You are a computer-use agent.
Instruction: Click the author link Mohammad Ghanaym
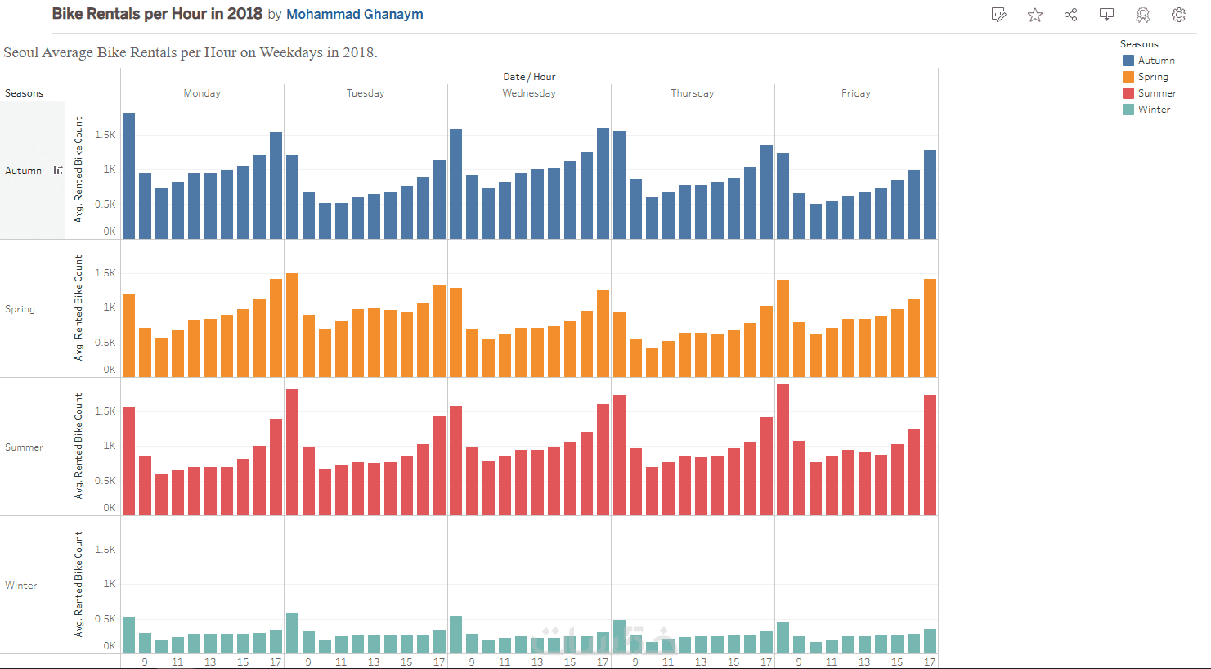tap(354, 15)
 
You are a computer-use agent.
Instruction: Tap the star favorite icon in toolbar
tap(1035, 15)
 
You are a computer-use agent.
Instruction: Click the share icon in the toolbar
tap(1071, 15)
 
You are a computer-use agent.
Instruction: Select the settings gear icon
tap(1179, 15)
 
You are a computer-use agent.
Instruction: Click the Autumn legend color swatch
tap(1128, 61)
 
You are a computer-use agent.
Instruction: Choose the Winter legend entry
tap(1154, 110)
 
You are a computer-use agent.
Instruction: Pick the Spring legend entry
tap(1153, 77)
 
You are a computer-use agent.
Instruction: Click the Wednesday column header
tap(529, 93)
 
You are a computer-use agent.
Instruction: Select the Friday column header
tap(856, 93)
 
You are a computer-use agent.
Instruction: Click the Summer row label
tap(25, 447)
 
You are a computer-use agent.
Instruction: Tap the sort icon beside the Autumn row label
tap(58, 170)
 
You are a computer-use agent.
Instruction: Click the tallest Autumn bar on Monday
tap(129, 176)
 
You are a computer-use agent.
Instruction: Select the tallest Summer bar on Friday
tap(783, 450)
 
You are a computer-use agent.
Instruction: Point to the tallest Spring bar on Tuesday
tap(293, 325)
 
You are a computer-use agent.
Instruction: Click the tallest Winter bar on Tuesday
tap(293, 633)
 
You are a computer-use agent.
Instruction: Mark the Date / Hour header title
tap(529, 77)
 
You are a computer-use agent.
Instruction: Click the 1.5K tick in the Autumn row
tap(105, 135)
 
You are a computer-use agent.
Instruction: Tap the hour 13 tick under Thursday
tap(701, 662)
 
